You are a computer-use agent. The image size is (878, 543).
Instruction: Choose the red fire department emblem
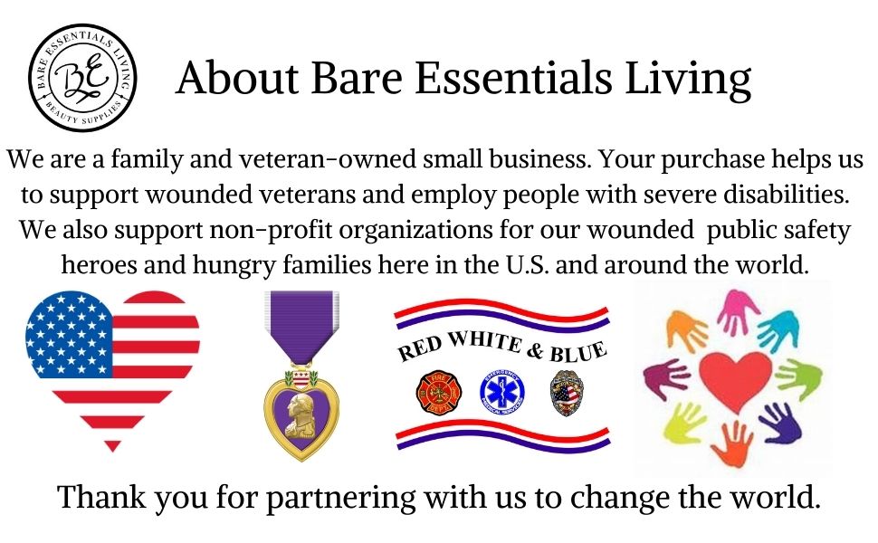click(433, 391)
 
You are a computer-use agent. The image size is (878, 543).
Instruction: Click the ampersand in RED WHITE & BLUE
click(534, 348)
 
